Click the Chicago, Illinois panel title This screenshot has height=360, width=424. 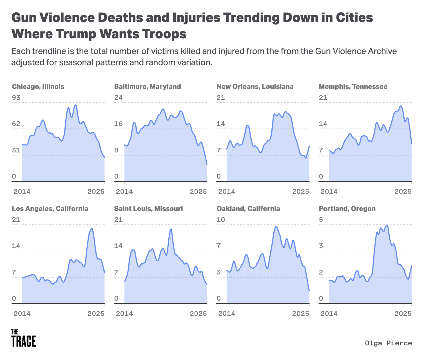pos(38,87)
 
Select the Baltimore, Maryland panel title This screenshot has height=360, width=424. pos(148,87)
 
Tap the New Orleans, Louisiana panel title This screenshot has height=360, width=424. pos(255,87)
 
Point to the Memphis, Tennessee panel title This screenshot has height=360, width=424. pos(353,87)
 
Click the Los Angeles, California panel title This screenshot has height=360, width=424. pos(50,209)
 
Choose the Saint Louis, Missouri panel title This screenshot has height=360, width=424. pos(148,209)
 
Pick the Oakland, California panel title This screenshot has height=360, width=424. pos(248,209)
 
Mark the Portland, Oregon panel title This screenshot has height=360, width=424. pos(347,209)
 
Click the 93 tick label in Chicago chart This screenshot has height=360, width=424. pos(16,98)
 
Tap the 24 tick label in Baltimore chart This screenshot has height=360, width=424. pos(118,98)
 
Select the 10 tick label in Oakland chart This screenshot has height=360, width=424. pos(221,220)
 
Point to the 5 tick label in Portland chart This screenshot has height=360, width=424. pos(321,220)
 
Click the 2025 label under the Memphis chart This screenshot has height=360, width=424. pos(403,192)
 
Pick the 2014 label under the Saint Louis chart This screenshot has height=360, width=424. pos(124,314)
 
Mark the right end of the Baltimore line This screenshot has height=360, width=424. pos(207,164)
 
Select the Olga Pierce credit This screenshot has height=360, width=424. pos(388,343)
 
